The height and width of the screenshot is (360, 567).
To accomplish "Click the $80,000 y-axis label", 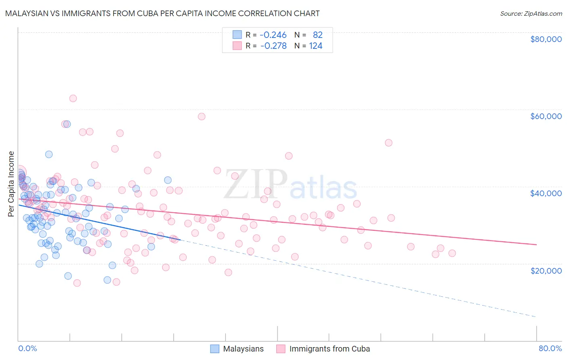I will tap(546, 39).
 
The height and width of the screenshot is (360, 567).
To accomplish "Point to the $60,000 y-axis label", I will tap(546, 116).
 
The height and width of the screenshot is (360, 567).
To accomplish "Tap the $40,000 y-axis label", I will tap(546, 193).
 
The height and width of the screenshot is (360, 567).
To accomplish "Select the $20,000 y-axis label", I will tap(546, 270).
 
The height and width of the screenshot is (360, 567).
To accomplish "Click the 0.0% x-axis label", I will tap(27, 348).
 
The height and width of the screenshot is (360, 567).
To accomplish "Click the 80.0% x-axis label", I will tap(550, 348).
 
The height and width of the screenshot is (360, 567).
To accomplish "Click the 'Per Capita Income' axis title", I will tap(11, 184).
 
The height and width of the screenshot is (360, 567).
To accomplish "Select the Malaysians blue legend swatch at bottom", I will tap(215, 349).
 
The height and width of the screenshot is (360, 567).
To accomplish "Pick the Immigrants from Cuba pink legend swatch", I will tap(281, 349).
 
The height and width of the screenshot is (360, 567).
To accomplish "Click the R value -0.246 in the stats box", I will tap(273, 35).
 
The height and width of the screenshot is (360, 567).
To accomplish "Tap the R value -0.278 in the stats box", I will tap(273, 46).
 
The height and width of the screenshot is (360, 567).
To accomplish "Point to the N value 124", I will tap(315, 46).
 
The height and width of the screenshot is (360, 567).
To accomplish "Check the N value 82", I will tap(317, 35).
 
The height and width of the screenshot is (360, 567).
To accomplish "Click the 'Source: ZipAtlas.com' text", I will tap(531, 14).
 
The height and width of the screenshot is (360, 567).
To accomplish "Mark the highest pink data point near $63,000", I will tap(73, 98).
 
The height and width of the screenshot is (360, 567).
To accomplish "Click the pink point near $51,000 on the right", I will tap(388, 142).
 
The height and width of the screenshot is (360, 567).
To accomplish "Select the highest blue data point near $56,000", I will tap(67, 124).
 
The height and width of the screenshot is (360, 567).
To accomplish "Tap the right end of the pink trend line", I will tap(536, 245).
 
